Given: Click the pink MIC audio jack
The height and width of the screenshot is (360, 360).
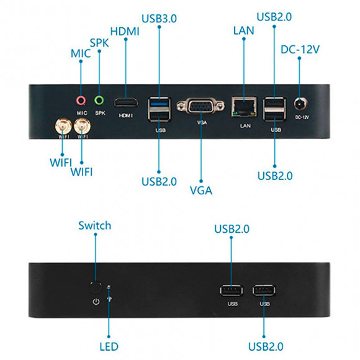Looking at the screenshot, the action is coord(81,101).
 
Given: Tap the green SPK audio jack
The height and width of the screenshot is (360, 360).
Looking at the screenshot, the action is coord(99,100).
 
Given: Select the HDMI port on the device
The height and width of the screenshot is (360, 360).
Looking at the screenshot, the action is coord(126,102).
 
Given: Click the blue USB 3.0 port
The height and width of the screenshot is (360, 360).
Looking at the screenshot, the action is coord(159,103).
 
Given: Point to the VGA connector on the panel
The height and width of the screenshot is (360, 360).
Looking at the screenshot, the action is coord(200,106).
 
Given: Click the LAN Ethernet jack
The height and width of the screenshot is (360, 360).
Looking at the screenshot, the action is coord(244,107).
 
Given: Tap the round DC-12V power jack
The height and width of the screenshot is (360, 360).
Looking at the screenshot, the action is coord(300,104).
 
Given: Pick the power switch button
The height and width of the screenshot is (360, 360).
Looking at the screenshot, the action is coord(96,287).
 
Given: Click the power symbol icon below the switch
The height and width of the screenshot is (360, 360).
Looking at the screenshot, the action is coord(96,302).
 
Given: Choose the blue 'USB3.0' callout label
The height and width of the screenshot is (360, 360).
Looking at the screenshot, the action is coord(159,19).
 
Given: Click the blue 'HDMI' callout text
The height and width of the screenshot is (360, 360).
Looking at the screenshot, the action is coord(125,32).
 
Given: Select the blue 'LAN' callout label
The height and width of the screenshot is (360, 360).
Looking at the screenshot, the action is coord(244,30).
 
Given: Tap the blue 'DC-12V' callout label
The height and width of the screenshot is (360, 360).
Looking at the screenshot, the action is coord(300,50).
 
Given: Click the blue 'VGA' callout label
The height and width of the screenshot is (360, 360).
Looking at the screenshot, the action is coord(201,191).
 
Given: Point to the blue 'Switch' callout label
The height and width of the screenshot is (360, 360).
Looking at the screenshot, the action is coord(95,225).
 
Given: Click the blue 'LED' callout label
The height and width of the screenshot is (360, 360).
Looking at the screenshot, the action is coord(109,347).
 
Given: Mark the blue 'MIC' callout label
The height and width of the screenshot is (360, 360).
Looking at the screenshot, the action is coord(81,53).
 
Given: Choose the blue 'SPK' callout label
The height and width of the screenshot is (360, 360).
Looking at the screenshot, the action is coord(99,43).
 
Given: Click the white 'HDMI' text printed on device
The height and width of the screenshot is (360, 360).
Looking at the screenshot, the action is coord(126,115).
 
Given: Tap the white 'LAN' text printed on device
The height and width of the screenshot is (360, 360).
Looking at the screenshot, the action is coord(245,126).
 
